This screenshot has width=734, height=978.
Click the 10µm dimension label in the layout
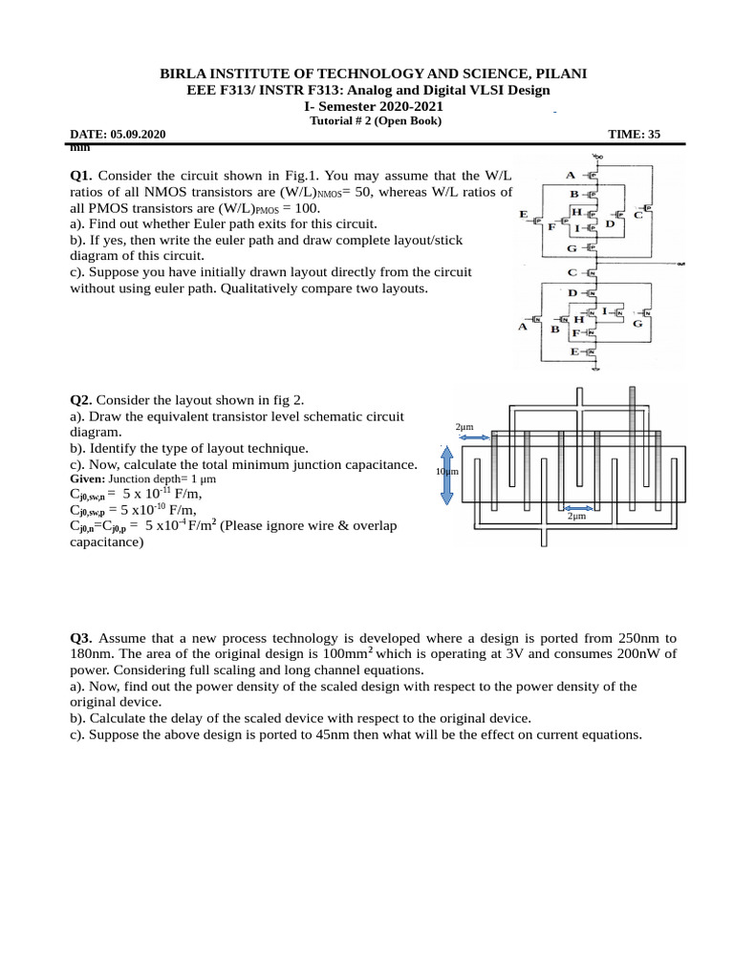point(446,472)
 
